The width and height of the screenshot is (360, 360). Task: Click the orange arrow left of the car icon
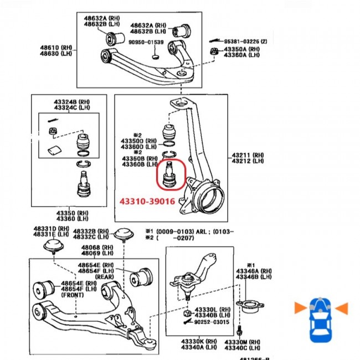[300, 306]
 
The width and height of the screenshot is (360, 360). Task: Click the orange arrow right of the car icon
[342, 306]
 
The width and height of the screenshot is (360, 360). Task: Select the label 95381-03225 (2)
[245, 42]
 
